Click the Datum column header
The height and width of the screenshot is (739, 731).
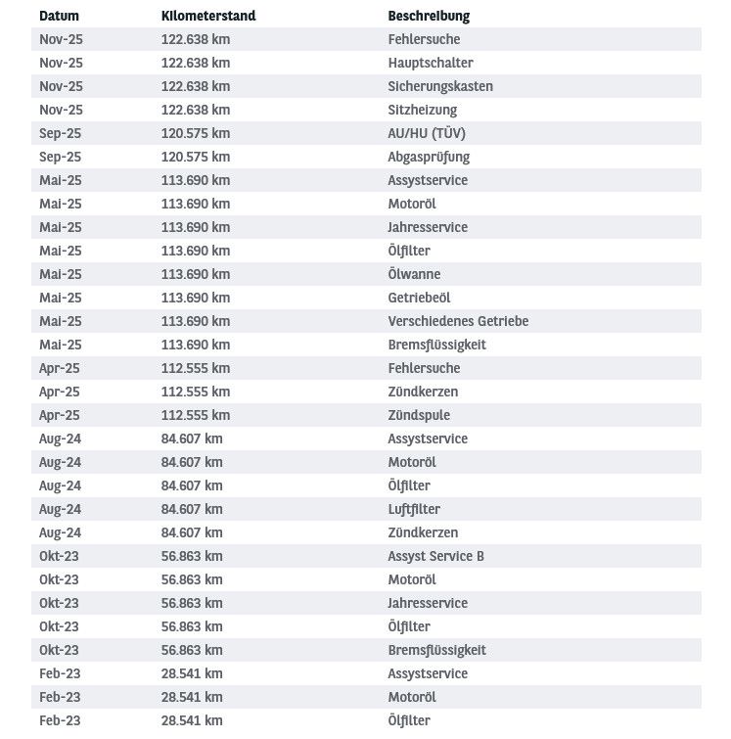[59, 17]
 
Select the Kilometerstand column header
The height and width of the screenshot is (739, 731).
[207, 17]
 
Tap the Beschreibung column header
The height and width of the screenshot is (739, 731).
[429, 17]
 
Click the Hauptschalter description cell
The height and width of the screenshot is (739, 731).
[431, 63]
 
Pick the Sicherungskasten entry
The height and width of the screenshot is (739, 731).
[440, 86]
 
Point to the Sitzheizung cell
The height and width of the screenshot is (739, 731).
[422, 110]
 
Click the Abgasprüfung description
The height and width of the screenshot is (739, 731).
[429, 157]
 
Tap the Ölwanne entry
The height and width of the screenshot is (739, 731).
[414, 274]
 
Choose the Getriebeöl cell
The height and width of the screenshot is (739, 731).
[419, 298]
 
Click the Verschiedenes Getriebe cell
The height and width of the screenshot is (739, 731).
[458, 321]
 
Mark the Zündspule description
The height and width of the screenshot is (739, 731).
[419, 415]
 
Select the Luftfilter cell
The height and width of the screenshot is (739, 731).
[414, 509]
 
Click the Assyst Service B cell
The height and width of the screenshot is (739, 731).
[435, 556]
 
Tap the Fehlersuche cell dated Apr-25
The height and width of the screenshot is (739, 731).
[424, 368]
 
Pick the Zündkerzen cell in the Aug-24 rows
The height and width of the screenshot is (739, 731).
[423, 532]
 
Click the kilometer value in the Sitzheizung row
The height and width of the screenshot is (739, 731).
[196, 110]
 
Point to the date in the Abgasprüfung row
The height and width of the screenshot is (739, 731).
[60, 157]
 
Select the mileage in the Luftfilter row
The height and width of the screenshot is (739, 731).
[192, 509]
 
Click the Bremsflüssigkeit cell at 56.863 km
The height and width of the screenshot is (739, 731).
[436, 650]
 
